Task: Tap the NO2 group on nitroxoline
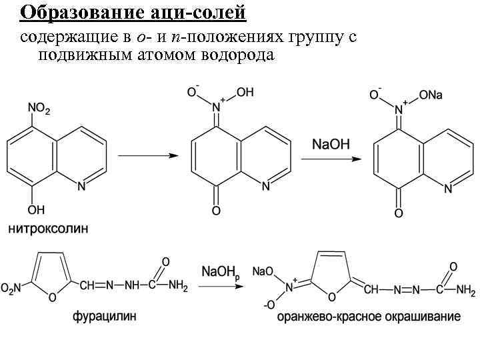click(39, 108)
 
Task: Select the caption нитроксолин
click(48, 229)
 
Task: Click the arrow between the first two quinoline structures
click(148, 155)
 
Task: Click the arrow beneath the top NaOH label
click(331, 159)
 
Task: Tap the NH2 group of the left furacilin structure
click(178, 287)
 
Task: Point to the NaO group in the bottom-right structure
click(263, 271)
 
